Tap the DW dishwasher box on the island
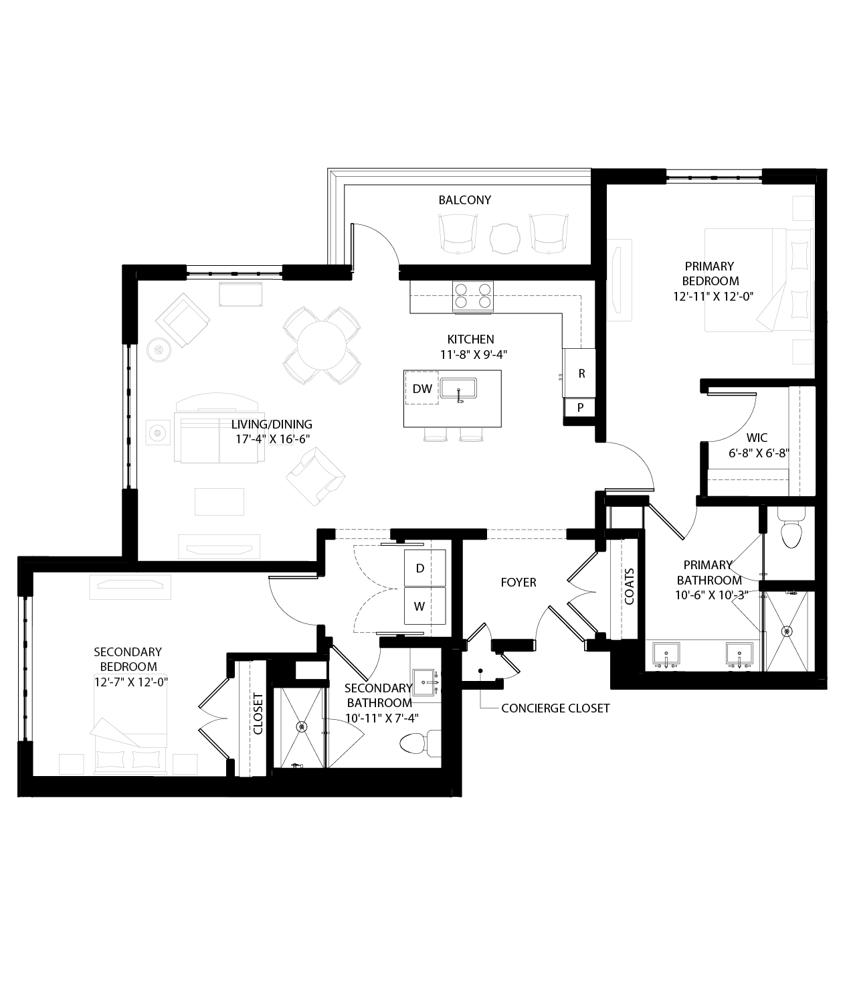point(422,388)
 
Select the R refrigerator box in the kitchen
point(581,374)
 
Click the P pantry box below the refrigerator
point(580,407)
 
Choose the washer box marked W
point(420,607)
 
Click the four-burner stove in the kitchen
point(473,295)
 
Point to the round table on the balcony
point(505,237)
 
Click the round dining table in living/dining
point(322,346)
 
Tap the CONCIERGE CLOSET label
point(555,708)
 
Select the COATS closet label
point(630,587)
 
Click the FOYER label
point(519,583)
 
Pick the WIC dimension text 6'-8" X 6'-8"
point(759,453)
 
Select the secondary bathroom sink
point(425,682)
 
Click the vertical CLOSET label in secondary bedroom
point(258,713)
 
